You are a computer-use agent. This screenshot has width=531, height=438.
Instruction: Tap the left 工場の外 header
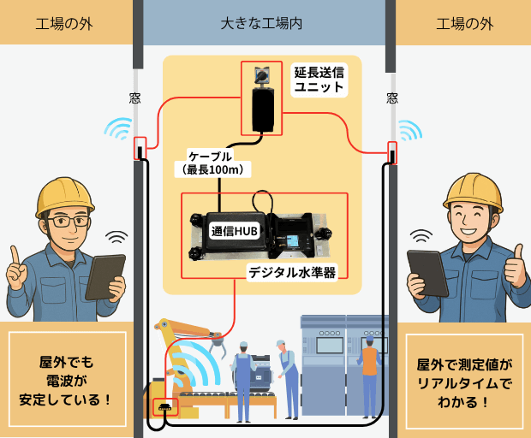click(x=64, y=23)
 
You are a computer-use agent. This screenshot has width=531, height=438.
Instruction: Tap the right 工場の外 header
click(x=465, y=23)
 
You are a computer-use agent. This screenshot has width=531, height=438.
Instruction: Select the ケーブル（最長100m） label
click(x=209, y=163)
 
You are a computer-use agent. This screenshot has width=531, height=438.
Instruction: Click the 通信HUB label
click(x=235, y=231)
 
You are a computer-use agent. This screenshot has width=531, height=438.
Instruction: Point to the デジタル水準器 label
click(x=291, y=272)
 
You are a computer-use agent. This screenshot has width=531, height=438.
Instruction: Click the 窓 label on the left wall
click(x=134, y=98)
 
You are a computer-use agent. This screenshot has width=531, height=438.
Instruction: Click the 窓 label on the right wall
click(x=391, y=98)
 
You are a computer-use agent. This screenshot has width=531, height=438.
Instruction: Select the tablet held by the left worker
click(x=105, y=275)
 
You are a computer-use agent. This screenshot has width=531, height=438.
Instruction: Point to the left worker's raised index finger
click(x=15, y=257)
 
